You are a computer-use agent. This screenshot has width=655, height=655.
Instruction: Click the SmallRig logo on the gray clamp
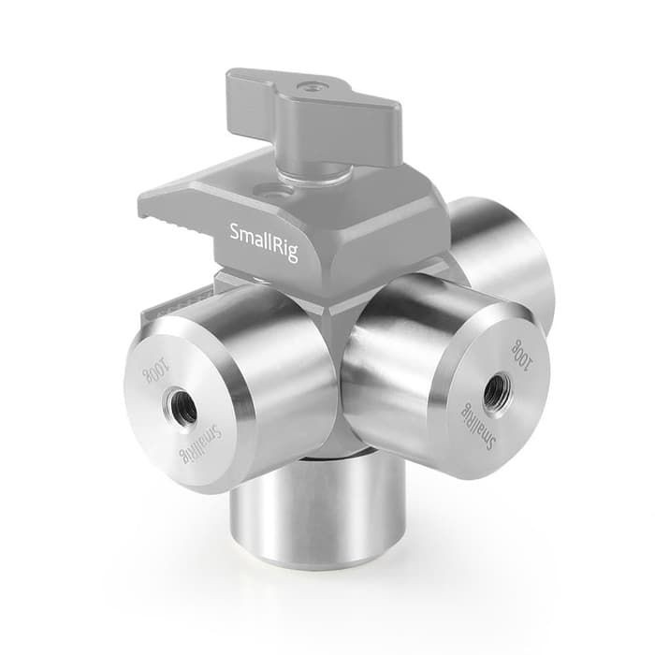pyautogui.click(x=265, y=242)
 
